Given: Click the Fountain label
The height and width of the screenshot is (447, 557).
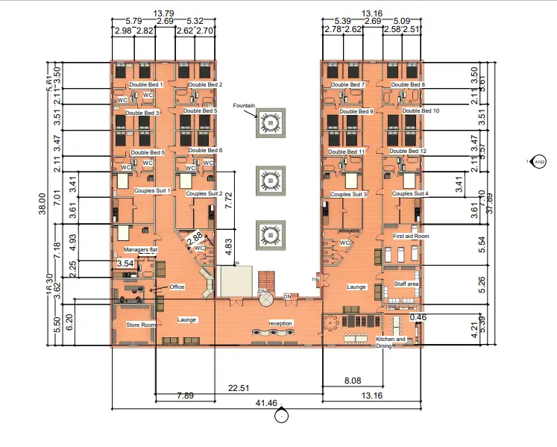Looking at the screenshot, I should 244,106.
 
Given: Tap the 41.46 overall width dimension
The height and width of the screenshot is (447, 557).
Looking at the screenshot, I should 266,403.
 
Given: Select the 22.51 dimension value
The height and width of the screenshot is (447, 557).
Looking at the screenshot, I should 239,387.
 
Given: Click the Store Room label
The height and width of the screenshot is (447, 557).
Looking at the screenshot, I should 139,325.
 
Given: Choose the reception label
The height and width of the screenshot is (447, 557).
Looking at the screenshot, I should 281,323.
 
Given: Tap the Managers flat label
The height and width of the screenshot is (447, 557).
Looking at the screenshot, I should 140,248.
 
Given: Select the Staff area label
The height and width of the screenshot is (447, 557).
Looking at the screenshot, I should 406,284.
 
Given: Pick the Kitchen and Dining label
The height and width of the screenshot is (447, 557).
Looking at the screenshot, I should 391,343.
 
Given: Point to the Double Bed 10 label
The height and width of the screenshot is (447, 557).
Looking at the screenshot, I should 421,110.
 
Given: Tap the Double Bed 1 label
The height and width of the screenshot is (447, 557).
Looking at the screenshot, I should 146,85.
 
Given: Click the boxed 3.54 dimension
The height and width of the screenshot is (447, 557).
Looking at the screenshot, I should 125,264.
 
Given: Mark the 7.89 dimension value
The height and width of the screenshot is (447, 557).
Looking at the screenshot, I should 185,395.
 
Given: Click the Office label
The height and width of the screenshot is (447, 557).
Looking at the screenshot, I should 177,287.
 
